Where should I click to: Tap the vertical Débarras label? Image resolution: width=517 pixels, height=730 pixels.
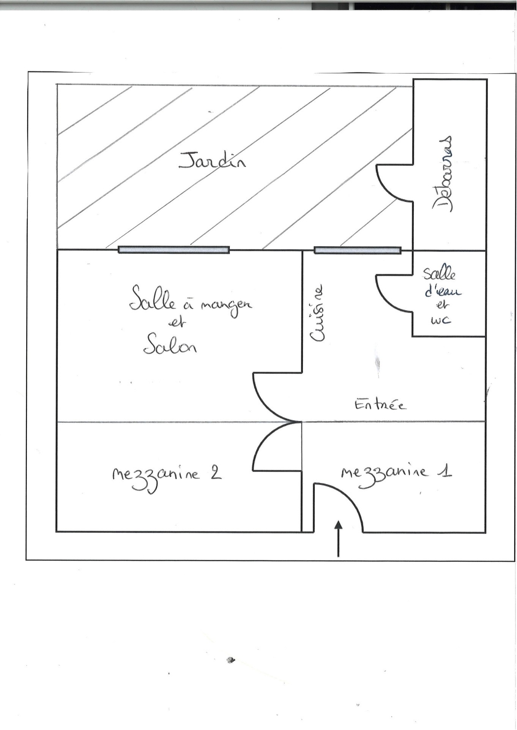pos(443,173)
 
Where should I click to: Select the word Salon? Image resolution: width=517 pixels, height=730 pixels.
pos(170,344)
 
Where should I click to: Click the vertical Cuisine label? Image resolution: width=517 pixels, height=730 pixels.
pos(317,313)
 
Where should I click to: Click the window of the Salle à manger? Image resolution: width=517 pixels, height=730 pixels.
pos(173,250)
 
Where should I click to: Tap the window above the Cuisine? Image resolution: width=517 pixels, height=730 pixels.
pos(358,250)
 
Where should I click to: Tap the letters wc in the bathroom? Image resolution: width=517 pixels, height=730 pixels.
pos(441,320)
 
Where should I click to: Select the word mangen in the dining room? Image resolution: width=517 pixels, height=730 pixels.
pos(226,307)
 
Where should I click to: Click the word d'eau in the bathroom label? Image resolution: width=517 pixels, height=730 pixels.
pos(443,291)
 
